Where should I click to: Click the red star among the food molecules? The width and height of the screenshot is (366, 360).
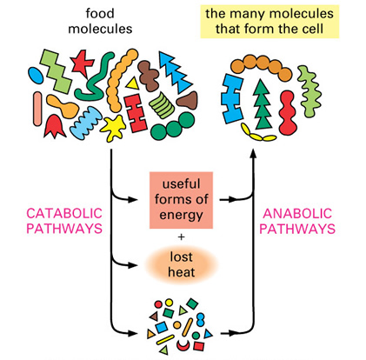[81, 63]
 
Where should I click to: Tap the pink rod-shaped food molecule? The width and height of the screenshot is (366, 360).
[37, 109]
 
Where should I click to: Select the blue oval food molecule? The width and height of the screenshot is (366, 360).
[36, 75]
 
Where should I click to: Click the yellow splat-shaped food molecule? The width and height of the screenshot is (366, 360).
[113, 128]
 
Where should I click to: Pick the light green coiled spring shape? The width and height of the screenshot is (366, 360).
[163, 105]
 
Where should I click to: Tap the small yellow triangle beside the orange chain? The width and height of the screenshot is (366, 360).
[132, 83]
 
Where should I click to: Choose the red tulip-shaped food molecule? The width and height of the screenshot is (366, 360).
[55, 126]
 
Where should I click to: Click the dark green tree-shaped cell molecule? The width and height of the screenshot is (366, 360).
[263, 103]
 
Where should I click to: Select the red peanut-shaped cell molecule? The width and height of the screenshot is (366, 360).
[288, 112]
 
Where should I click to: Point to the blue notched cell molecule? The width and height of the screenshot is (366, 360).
[232, 98]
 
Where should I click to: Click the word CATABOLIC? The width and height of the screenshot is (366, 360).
[64, 214]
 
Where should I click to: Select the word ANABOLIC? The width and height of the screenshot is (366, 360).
[297, 214]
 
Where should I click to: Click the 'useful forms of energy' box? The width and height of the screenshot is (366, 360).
[181, 200]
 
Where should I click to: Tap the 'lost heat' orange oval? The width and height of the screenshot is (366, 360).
[181, 264]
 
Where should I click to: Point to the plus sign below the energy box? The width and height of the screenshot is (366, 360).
[182, 237]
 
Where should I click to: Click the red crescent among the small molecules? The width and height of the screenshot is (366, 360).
[183, 344]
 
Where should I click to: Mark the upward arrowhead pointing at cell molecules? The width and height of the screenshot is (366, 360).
[254, 153]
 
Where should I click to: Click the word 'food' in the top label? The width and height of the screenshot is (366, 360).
[100, 13]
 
